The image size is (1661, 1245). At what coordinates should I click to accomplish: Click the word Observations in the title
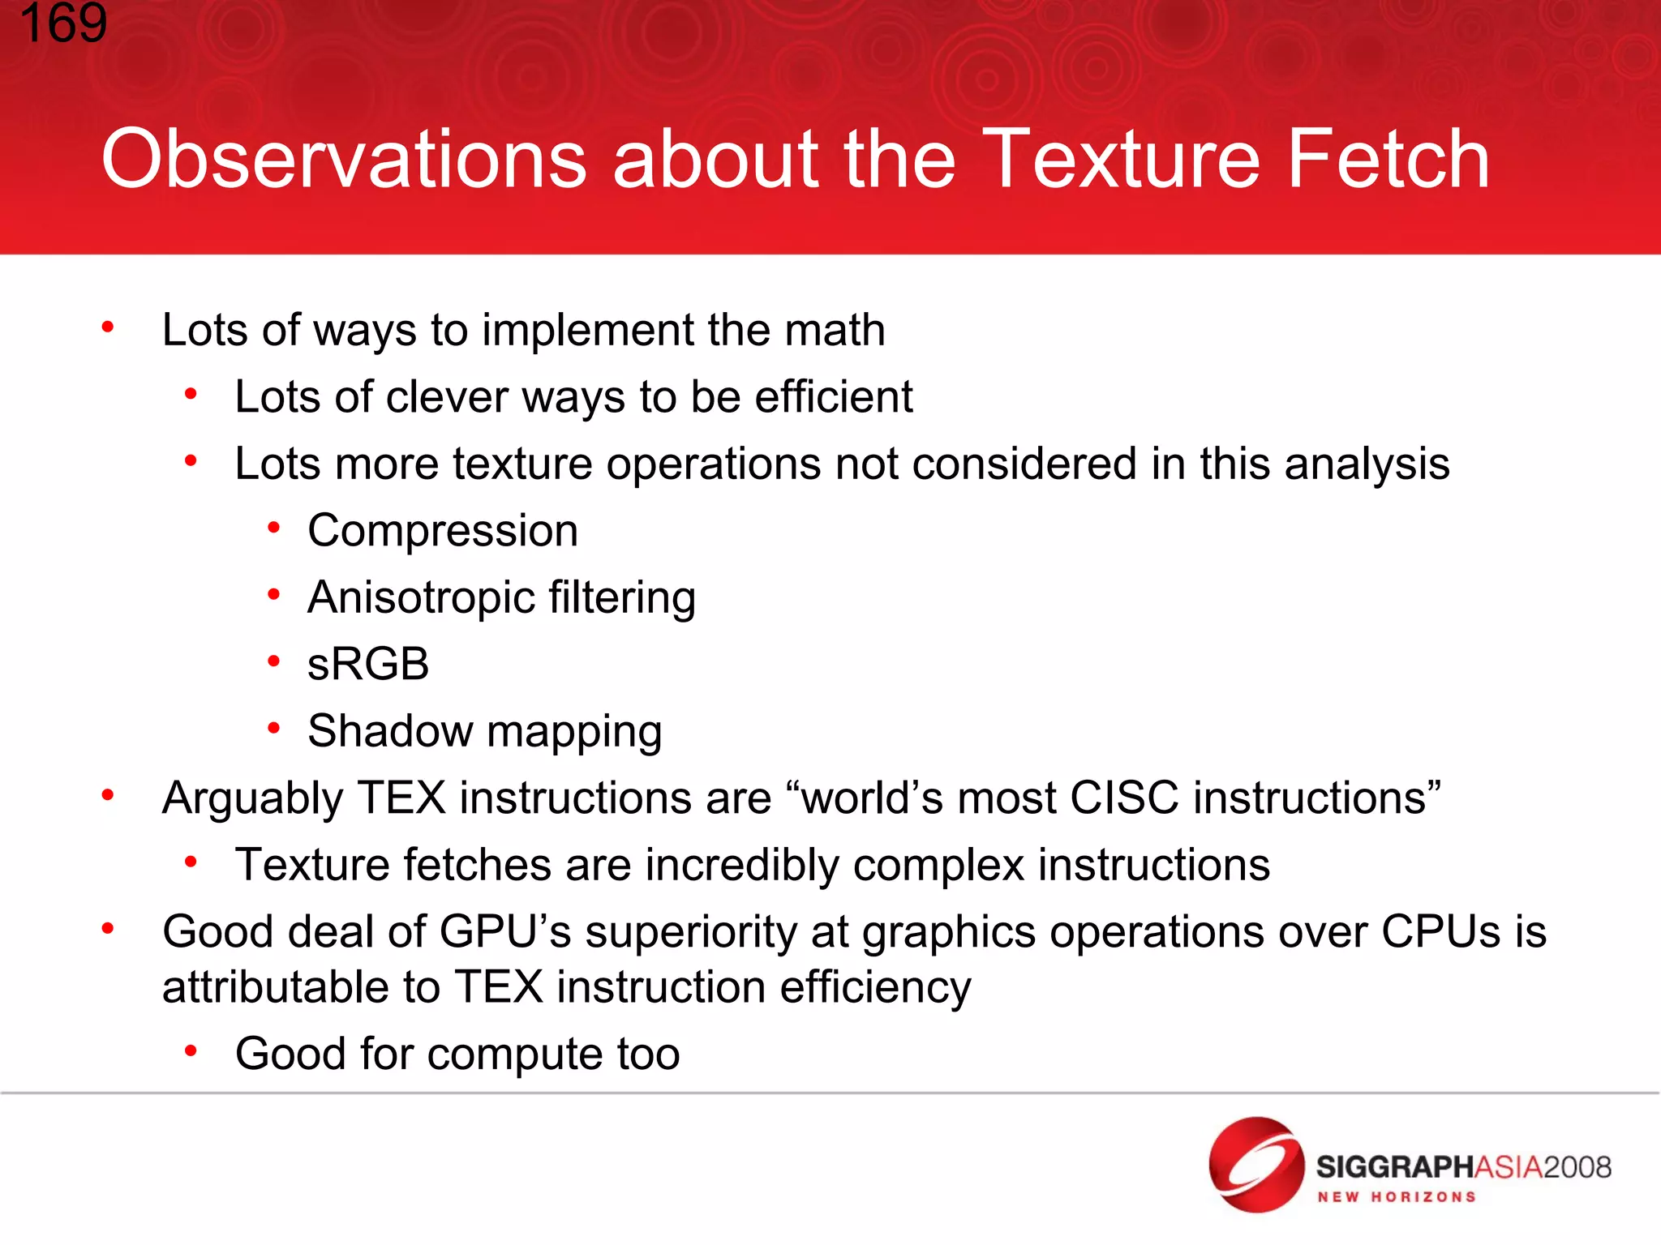click(343, 160)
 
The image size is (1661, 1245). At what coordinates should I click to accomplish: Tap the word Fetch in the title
click(1388, 160)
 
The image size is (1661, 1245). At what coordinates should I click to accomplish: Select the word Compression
click(443, 532)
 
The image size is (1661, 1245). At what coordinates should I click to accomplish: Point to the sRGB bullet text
click(368, 665)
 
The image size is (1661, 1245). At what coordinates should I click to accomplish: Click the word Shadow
click(389, 731)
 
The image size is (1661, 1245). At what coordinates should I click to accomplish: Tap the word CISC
click(1124, 798)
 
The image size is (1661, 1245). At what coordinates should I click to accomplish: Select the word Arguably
click(251, 799)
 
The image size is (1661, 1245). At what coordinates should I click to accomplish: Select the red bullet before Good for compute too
click(191, 1052)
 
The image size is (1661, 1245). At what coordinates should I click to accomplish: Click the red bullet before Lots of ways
click(108, 327)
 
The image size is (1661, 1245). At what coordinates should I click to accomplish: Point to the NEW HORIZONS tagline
click(1397, 1197)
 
